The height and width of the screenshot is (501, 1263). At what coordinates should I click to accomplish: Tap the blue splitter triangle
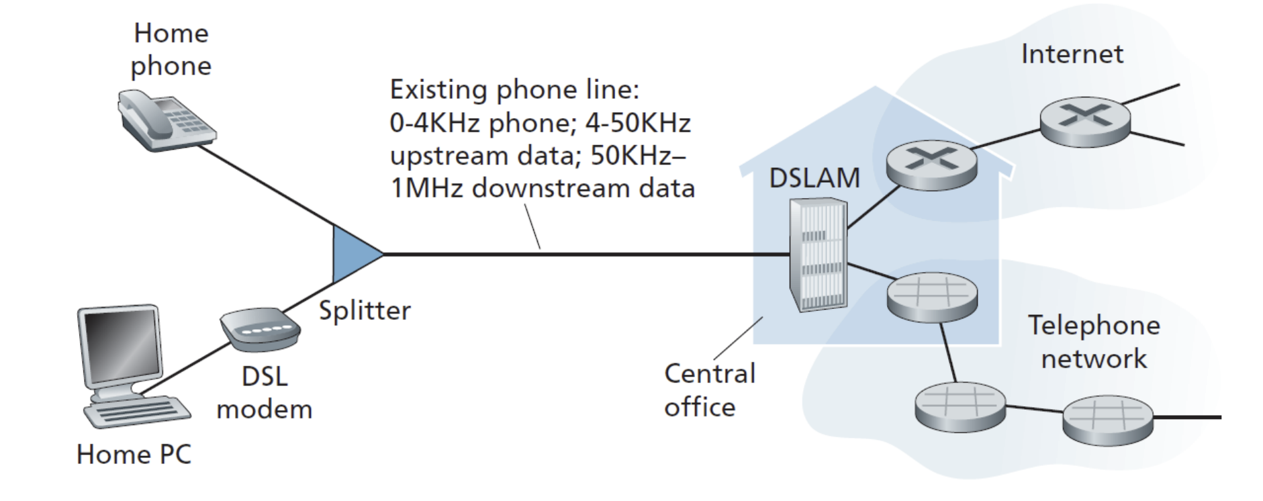click(353, 255)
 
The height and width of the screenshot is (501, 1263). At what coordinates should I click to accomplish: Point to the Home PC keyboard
click(138, 411)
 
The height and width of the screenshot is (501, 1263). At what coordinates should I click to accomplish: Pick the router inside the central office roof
click(931, 165)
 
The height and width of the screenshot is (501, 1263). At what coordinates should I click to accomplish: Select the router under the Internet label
click(1085, 122)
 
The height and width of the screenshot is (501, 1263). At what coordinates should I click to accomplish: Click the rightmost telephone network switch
click(1107, 420)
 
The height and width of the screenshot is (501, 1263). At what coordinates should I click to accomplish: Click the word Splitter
click(365, 310)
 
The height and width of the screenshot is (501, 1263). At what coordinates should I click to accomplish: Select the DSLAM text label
click(814, 178)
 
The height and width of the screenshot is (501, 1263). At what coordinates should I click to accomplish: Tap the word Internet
click(1072, 54)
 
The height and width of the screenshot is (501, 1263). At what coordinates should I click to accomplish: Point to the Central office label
click(709, 390)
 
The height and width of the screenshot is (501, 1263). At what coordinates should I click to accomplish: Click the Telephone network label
click(1094, 342)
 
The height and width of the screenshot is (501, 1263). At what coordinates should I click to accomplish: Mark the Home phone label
click(171, 50)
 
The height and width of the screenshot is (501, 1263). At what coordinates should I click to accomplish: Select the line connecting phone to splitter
click(265, 185)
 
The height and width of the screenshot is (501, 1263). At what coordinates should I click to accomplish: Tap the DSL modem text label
click(265, 392)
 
